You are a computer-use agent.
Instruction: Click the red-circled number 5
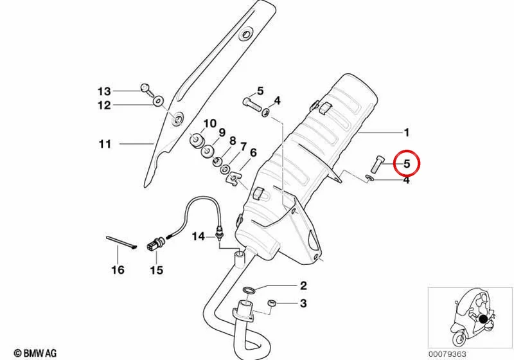click(407, 163)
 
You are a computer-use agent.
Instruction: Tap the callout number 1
click(407, 133)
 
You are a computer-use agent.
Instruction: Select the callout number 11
click(105, 144)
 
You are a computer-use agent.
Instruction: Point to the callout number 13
click(104, 91)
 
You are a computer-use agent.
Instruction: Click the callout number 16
click(118, 270)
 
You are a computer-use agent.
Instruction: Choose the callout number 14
click(199, 236)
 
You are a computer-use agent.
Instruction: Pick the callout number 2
click(303, 285)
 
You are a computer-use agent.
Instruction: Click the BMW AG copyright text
click(35, 353)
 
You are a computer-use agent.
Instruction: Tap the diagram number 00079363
click(447, 354)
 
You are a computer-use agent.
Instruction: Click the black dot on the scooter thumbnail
click(484, 319)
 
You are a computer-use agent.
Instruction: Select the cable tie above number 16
click(121, 242)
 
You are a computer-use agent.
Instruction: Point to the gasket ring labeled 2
click(249, 290)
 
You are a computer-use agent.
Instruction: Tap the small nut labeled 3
click(272, 303)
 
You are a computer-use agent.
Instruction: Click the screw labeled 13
click(146, 89)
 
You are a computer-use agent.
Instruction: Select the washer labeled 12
click(158, 101)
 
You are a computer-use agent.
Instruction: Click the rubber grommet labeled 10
click(197, 140)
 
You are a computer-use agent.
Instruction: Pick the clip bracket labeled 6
click(233, 178)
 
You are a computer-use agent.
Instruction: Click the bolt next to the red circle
click(376, 163)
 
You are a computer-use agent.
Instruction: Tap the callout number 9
click(222, 133)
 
